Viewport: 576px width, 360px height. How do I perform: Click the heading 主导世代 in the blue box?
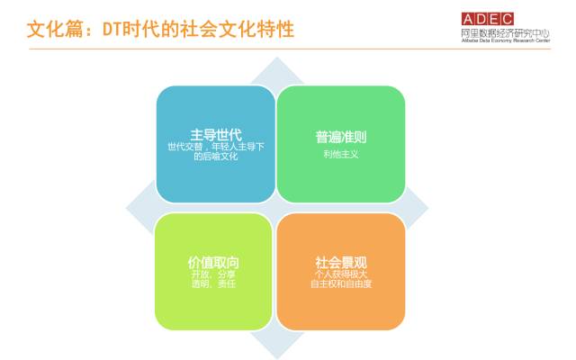click(x=216, y=135)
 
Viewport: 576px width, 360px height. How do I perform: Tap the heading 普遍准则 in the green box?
click(x=341, y=137)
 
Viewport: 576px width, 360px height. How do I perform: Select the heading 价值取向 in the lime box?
click(x=213, y=263)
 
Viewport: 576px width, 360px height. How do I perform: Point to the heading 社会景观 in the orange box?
click(x=341, y=263)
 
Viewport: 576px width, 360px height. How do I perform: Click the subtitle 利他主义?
click(x=341, y=154)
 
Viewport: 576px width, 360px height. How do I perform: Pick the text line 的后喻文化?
click(x=216, y=156)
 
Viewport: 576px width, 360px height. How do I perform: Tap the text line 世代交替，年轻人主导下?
click(x=216, y=147)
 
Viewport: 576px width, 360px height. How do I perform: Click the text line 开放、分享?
click(x=213, y=274)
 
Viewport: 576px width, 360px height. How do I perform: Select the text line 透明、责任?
click(x=213, y=283)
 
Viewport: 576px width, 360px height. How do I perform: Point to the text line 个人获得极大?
click(x=341, y=274)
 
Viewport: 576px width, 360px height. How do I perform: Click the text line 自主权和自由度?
click(x=341, y=283)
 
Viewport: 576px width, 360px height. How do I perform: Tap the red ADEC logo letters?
click(x=488, y=19)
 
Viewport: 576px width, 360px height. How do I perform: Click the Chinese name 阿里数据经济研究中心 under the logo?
click(x=506, y=33)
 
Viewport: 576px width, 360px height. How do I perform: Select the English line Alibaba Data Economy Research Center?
click(x=506, y=40)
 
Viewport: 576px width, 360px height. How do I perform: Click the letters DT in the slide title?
click(x=112, y=30)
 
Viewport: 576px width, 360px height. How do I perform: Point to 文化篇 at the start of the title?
click(x=56, y=30)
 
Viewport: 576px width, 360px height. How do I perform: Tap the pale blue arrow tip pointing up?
click(x=277, y=58)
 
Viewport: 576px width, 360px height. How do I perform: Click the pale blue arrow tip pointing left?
click(x=128, y=208)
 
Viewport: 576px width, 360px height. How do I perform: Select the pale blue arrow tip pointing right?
click(x=427, y=208)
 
